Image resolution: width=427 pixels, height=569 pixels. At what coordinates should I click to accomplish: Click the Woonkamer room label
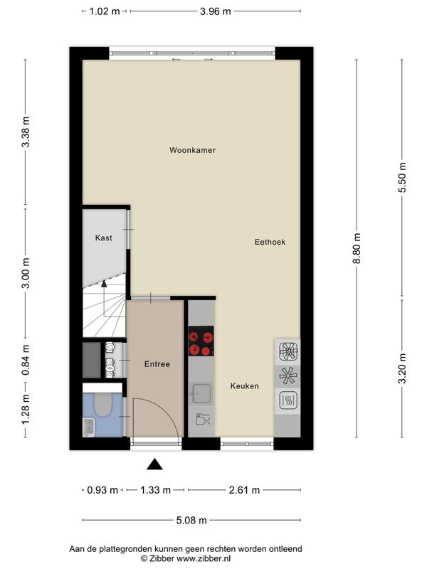coord(192,150)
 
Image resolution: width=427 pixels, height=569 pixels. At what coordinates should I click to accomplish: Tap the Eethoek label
coord(270,242)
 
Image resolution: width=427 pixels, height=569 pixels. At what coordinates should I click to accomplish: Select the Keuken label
coord(244,386)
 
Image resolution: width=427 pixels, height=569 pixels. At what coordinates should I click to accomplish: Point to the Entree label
coord(157,364)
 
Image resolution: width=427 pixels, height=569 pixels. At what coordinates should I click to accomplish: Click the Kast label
coord(103,238)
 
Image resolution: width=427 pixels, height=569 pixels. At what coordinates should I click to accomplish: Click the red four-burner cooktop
coord(201,341)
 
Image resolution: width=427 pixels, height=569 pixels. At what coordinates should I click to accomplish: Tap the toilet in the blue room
coord(102,405)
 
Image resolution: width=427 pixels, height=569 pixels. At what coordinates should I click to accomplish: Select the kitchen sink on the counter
coord(201,393)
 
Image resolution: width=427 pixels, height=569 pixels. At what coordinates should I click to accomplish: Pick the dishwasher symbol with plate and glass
coord(203,420)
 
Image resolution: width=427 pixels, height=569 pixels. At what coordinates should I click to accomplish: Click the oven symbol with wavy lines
coord(288,400)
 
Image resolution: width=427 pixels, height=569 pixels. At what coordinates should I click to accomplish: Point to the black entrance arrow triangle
coord(154,464)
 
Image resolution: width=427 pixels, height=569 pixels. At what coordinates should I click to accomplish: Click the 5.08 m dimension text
coord(191,521)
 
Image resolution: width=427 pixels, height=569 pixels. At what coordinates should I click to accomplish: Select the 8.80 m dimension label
coord(357,248)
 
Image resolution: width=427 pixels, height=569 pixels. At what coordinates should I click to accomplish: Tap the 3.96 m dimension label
coord(216,11)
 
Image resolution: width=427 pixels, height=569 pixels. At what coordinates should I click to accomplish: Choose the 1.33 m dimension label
coord(155,490)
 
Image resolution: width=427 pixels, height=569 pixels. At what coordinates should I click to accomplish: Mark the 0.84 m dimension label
coord(26,360)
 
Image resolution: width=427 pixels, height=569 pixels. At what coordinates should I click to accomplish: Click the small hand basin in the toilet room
coord(88,427)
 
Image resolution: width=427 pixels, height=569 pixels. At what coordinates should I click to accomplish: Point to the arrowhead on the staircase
coord(104,284)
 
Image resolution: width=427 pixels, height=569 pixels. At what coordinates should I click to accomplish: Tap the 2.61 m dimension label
coord(244,490)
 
